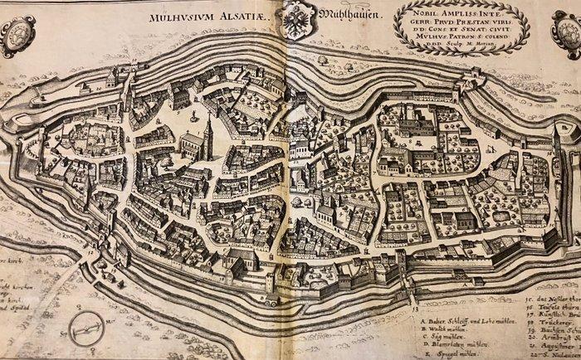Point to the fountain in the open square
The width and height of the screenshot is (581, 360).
193,114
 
